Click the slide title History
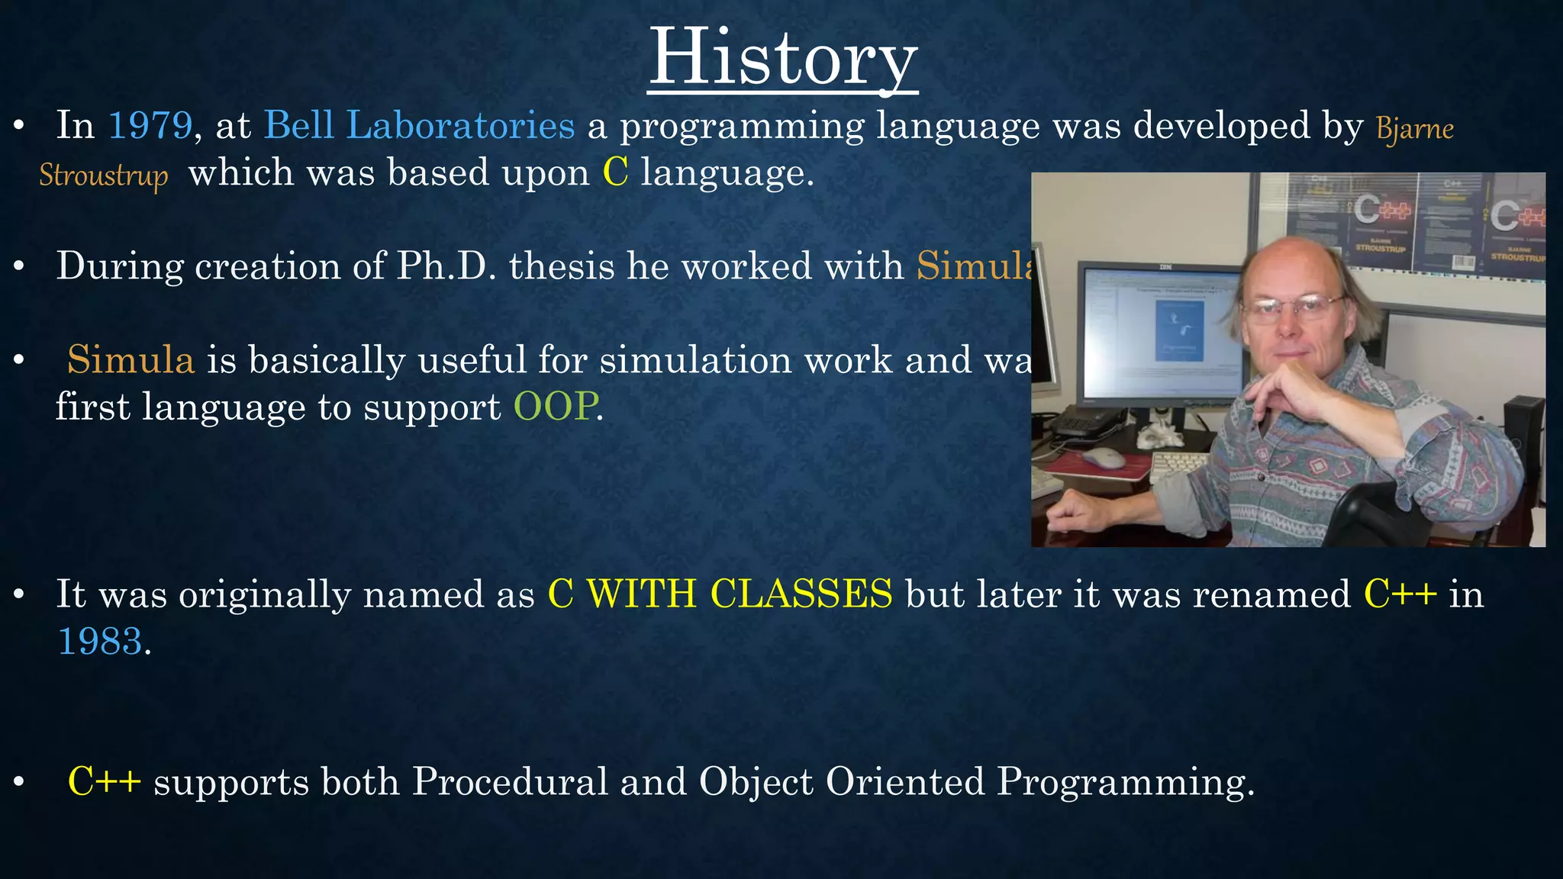pyautogui.click(x=782, y=58)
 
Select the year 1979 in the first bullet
pyautogui.click(x=150, y=125)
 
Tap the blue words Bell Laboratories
pyautogui.click(x=419, y=125)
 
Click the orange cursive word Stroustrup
pyautogui.click(x=103, y=175)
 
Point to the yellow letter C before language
pyautogui.click(x=615, y=172)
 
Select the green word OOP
pyautogui.click(x=555, y=407)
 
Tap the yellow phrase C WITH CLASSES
pyautogui.click(x=720, y=594)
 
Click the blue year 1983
pyautogui.click(x=100, y=641)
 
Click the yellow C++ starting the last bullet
pyautogui.click(x=105, y=781)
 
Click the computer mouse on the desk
pyautogui.click(x=1104, y=458)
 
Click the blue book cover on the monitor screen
pyautogui.click(x=1180, y=330)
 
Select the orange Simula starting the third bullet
pyautogui.click(x=131, y=360)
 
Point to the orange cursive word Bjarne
pyautogui.click(x=1414, y=128)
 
